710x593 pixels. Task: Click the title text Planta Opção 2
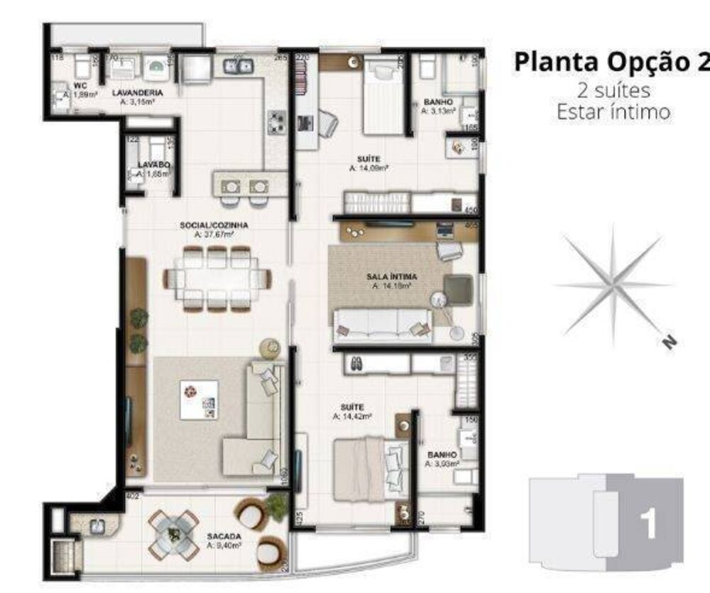(611, 62)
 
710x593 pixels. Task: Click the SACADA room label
(223, 536)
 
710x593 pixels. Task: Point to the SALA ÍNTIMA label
(391, 277)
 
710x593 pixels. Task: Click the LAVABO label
(154, 165)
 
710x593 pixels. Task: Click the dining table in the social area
(217, 278)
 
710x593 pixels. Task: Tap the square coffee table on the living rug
(199, 400)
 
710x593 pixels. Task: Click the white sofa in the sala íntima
(383, 324)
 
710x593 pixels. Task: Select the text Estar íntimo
(611, 111)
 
